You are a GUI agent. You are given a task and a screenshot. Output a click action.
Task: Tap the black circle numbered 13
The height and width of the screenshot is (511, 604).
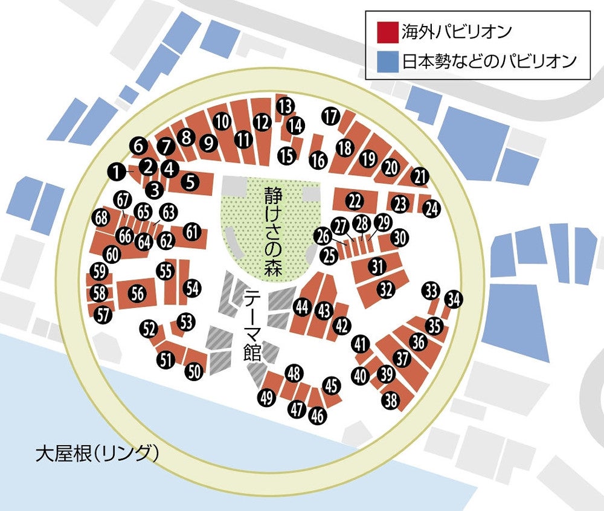pyautogui.click(x=285, y=106)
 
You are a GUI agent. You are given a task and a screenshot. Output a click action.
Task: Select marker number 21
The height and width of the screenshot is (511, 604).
pyautogui.click(x=420, y=176)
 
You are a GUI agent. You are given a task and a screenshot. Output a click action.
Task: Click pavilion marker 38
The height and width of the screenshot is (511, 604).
pyautogui.click(x=391, y=400)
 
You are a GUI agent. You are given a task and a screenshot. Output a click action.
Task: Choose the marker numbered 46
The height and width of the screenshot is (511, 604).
pyautogui.click(x=317, y=416)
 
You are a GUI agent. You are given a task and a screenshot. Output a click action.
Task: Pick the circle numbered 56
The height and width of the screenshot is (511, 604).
pyautogui.click(x=138, y=294)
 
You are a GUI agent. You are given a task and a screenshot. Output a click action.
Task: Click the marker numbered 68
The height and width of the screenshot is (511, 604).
pyautogui.click(x=101, y=217)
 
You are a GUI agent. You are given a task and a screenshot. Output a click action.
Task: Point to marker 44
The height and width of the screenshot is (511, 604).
pyautogui.click(x=302, y=307)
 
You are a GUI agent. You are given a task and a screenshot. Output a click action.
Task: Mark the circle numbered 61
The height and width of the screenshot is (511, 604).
pyautogui.click(x=192, y=232)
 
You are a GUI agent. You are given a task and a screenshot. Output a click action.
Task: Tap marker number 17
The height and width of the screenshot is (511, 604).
pyautogui.click(x=330, y=117)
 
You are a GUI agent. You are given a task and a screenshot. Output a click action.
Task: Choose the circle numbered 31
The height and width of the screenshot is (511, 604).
pyautogui.click(x=378, y=266)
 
